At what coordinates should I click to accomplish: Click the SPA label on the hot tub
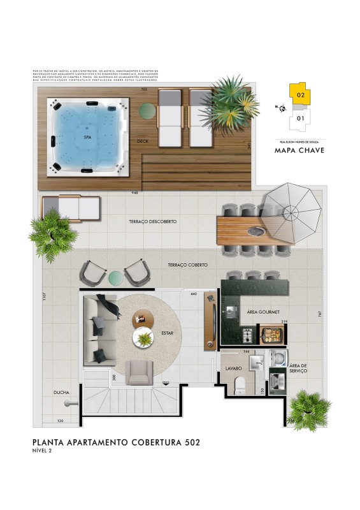[x=87, y=136]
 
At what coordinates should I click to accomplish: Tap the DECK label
[x=143, y=141]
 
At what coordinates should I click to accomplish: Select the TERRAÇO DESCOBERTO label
[x=152, y=222]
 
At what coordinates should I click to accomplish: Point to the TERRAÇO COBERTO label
[x=187, y=264]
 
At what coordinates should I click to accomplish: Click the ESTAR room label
[x=168, y=332]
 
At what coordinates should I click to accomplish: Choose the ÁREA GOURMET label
[x=261, y=313]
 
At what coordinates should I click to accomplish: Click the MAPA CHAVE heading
[x=299, y=151]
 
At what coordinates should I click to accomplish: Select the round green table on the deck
[x=147, y=112]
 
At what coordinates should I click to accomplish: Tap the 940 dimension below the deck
[x=134, y=192]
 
